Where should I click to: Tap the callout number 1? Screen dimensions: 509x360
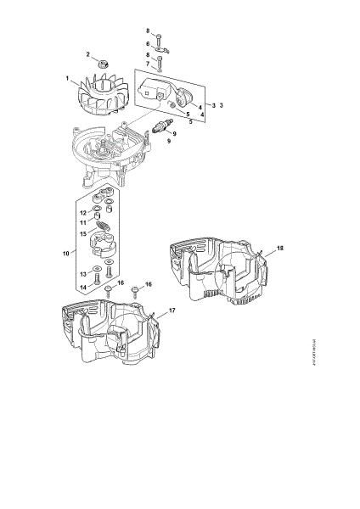67,80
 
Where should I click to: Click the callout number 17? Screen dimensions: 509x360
172,311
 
